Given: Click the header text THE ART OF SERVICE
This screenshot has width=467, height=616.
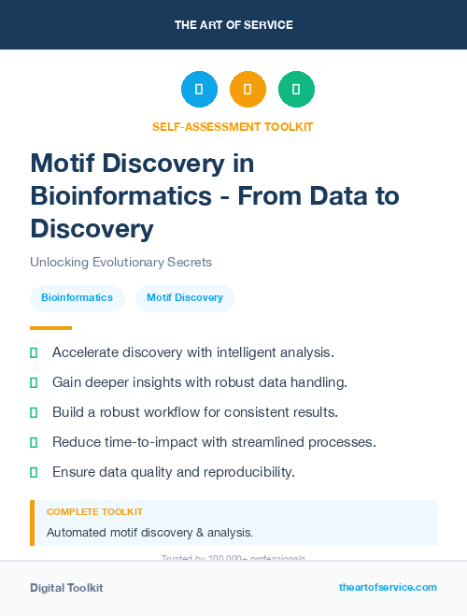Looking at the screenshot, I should point(233,25).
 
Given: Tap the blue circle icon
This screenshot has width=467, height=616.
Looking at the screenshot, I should point(199,90).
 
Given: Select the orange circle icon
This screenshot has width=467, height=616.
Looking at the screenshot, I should point(248,90).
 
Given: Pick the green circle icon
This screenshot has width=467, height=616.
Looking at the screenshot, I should point(296,90).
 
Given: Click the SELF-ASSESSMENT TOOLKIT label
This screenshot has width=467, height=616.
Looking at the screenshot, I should point(233,126).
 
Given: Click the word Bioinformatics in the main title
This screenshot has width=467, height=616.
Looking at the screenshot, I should point(116,196).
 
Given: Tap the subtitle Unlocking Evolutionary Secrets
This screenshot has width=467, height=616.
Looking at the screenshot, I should point(120,262).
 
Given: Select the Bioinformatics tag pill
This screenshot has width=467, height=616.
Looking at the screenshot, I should point(77,298).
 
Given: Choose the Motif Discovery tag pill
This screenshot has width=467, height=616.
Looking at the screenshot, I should point(185,298).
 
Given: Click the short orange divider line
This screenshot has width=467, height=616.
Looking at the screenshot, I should point(50,328).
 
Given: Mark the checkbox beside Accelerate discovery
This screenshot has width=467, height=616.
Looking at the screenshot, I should point(34,352).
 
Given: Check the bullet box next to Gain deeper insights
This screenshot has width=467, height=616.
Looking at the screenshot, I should point(34,382).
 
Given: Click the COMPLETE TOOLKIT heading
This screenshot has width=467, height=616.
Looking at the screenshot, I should point(94,512).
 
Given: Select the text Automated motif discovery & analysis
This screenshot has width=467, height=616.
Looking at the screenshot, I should point(149,533).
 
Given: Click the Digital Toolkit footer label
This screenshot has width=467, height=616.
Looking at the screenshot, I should point(66,588).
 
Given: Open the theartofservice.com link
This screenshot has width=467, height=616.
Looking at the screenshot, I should point(388,587).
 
